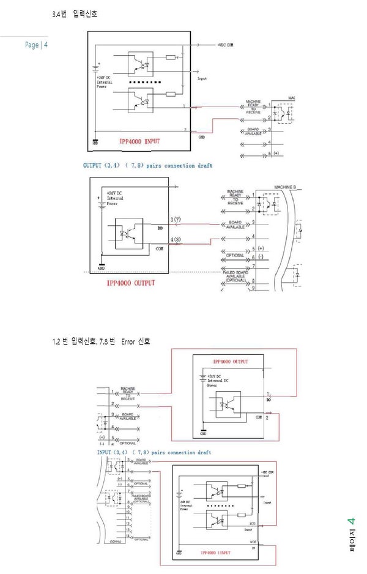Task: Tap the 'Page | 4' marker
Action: pyautogui.click(x=36, y=45)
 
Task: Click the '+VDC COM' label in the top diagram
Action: pyautogui.click(x=226, y=45)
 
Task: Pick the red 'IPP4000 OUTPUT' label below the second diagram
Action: pyautogui.click(x=131, y=283)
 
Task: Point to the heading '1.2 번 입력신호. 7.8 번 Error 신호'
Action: pyautogui.click(x=101, y=341)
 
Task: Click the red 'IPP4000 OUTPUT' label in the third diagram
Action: pyautogui.click(x=231, y=362)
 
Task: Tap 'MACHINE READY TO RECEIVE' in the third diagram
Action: pyautogui.click(x=128, y=393)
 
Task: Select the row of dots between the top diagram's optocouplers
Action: pyautogui.click(x=147, y=81)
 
